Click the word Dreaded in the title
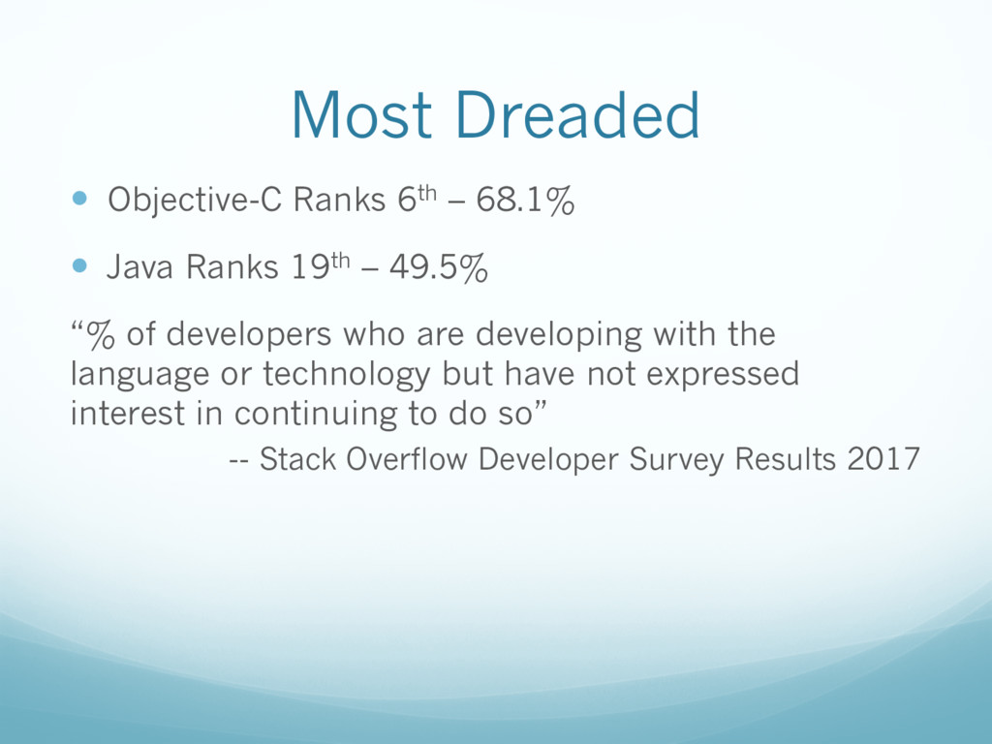577,114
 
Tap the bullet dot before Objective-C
79,199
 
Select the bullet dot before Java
79,265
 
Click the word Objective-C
194,200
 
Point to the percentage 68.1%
525,200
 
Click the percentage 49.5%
439,267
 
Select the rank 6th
418,200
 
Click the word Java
139,266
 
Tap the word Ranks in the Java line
232,266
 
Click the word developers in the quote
249,335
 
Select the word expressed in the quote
723,375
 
